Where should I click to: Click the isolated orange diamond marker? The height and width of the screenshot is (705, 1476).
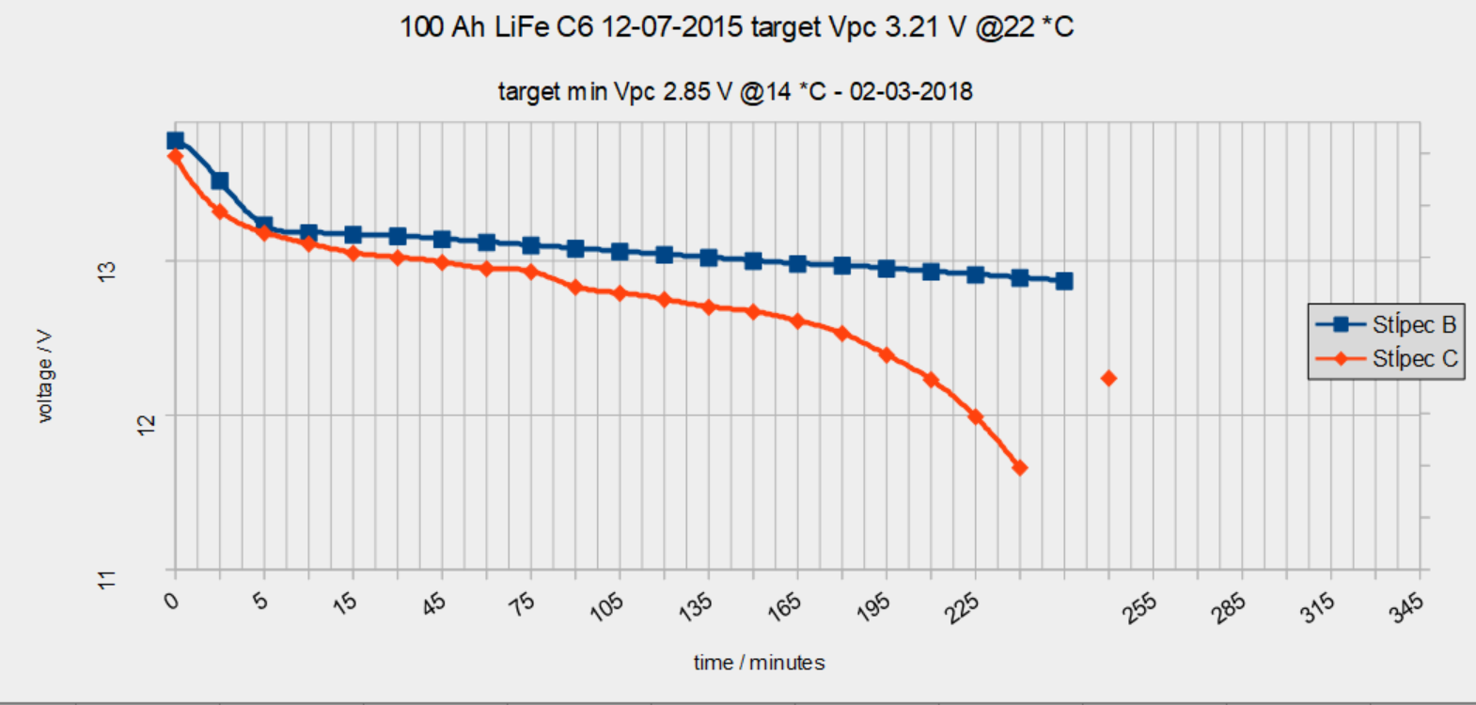click(1108, 378)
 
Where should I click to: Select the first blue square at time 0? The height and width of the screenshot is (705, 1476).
click(175, 141)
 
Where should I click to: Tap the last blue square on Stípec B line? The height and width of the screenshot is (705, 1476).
click(1064, 281)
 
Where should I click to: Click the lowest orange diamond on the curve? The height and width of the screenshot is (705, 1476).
click(1019, 467)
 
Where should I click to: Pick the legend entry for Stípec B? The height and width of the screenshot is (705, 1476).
click(1387, 324)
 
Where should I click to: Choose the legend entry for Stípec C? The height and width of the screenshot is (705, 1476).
click(1387, 358)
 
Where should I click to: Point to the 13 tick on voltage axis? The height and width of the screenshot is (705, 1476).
click(107, 270)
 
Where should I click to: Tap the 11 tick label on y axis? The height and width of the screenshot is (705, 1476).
click(107, 579)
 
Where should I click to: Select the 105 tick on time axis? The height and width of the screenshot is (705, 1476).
click(607, 606)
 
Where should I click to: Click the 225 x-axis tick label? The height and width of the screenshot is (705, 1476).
click(963, 606)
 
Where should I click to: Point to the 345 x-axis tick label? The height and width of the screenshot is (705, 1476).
click(1406, 606)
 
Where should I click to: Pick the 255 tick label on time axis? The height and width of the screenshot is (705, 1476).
click(1140, 606)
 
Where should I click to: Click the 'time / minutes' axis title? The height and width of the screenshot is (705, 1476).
click(759, 663)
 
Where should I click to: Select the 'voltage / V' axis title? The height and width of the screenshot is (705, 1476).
click(44, 376)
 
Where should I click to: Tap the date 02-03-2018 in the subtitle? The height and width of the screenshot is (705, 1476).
click(911, 91)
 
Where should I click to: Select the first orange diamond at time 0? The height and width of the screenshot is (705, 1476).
click(175, 156)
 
